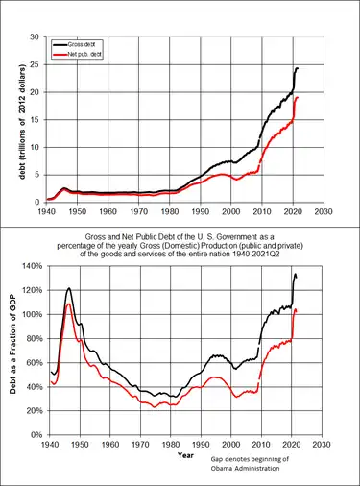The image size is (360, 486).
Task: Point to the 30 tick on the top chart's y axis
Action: click(x=35, y=37)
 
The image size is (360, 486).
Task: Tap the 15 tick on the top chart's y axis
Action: click(x=35, y=119)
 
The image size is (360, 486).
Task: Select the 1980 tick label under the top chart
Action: click(x=169, y=211)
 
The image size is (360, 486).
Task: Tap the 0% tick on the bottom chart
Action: click(x=32, y=410)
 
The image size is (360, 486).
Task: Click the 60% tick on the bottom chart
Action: click(x=30, y=362)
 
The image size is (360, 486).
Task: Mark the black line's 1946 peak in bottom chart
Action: click(x=69, y=288)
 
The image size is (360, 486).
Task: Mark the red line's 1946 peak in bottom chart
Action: click(x=69, y=304)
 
